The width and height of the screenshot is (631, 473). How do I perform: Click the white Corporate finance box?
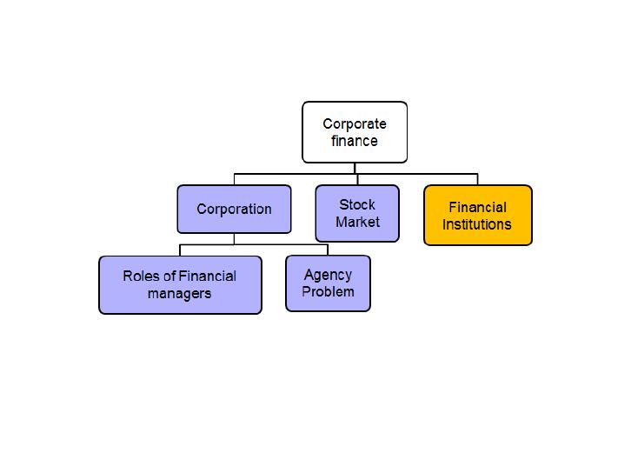click(x=355, y=132)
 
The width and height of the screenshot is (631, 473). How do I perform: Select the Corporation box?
click(x=234, y=209)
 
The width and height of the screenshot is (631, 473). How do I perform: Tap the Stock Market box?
click(x=357, y=213)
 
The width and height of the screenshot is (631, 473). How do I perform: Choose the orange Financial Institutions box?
click(x=478, y=215)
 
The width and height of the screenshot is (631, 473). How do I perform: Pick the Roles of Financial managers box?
click(x=180, y=285)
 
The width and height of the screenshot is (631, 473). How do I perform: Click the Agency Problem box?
click(x=328, y=283)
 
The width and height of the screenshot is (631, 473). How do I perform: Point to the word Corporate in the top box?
click(x=355, y=124)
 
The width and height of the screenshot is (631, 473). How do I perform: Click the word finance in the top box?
click(x=355, y=141)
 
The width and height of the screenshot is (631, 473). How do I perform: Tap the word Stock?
click(x=357, y=204)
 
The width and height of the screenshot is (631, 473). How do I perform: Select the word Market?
click(x=358, y=222)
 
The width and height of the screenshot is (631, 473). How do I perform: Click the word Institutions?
click(x=477, y=224)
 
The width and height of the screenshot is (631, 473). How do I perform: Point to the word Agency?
click(x=328, y=276)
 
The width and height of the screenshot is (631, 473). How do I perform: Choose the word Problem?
click(x=328, y=291)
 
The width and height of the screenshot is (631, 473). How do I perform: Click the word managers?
click(x=180, y=294)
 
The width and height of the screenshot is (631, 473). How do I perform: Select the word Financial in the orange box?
click(x=478, y=207)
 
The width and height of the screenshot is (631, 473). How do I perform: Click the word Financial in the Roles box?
click(x=208, y=276)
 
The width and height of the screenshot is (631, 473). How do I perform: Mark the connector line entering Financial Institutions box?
click(x=478, y=179)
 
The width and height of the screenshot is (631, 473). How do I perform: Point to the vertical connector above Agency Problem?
click(x=328, y=250)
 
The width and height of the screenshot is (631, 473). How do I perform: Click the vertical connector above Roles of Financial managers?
click(x=180, y=250)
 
